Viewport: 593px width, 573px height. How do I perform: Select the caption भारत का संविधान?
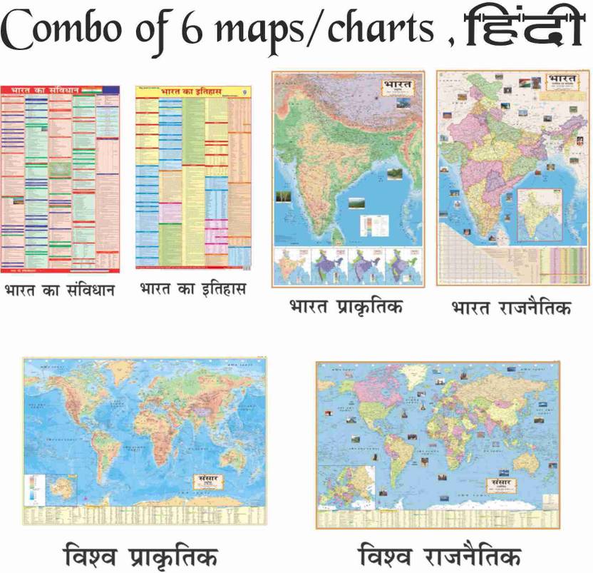[x=60, y=291]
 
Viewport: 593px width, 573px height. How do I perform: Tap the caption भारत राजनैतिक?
[x=511, y=308]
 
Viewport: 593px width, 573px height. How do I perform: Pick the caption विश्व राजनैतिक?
[x=440, y=554]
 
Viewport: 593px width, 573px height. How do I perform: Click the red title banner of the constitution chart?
[x=61, y=91]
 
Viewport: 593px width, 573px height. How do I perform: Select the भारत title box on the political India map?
[x=560, y=79]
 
